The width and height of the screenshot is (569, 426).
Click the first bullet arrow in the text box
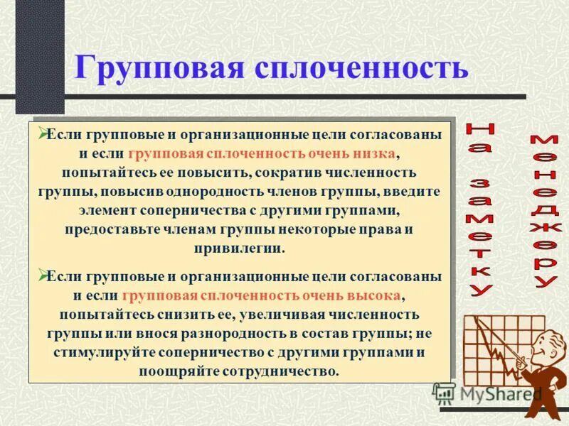click(43, 132)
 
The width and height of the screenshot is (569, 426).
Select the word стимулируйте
click(97, 352)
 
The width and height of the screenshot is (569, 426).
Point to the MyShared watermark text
click(501, 393)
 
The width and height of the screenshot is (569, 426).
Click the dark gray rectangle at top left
click(40, 53)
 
